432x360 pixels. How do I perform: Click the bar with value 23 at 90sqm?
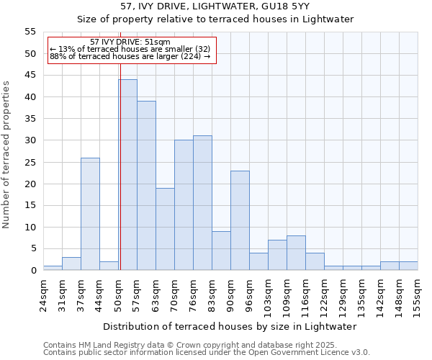(240, 220)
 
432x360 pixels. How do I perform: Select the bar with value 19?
(166, 229)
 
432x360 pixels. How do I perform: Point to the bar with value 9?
(222, 251)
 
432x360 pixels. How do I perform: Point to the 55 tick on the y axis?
(30, 32)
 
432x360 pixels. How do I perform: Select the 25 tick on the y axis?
(30, 162)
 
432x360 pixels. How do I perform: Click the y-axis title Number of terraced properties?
(7, 154)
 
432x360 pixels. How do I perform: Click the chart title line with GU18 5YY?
(215, 6)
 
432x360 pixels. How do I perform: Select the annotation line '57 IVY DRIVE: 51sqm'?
(131, 42)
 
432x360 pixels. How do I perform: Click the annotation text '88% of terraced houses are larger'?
(130, 56)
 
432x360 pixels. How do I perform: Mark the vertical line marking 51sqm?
(120, 173)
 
